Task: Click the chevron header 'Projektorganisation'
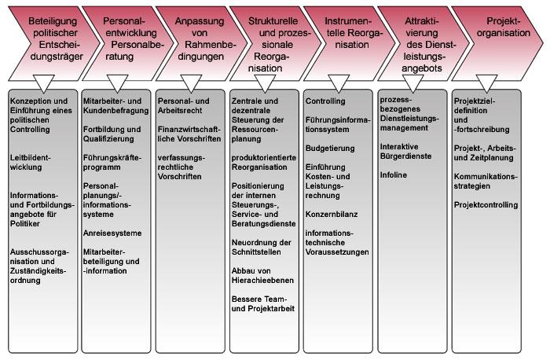tap(498, 42)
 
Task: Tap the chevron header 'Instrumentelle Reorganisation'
tap(350, 42)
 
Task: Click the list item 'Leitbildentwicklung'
tap(30, 163)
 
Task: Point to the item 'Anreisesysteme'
tap(112, 233)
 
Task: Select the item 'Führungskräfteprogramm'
tap(112, 163)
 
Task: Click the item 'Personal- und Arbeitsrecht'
tap(183, 105)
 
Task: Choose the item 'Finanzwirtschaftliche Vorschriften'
tap(189, 134)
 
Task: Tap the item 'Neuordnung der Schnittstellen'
tap(262, 248)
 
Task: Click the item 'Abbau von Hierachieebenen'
tap(262, 276)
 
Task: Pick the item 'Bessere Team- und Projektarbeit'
tap(263, 304)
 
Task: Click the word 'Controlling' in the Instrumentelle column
tap(325, 101)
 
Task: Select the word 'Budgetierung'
tap(330, 149)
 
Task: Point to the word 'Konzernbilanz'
tap(332, 215)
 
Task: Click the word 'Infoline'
tap(394, 175)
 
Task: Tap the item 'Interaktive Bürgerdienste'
tap(406, 152)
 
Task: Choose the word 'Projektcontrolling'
tap(486, 205)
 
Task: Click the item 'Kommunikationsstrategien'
tap(486, 182)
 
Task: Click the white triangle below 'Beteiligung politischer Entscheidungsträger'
tap(43, 83)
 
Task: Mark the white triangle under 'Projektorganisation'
tap(486, 83)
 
